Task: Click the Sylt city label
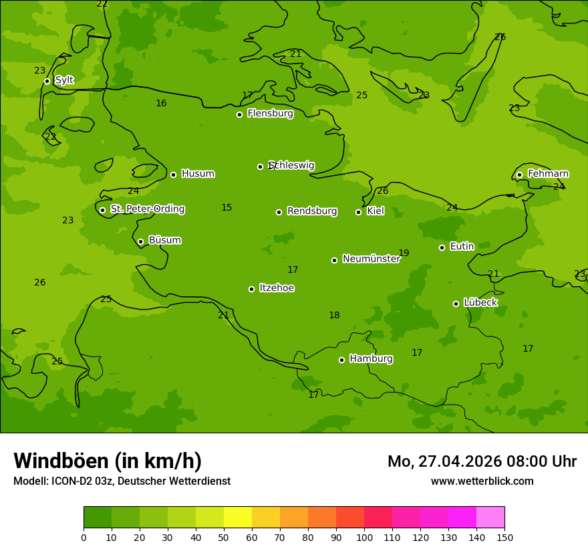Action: (64, 80)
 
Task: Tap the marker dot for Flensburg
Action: (239, 114)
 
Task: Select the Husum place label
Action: (198, 174)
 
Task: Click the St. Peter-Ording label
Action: (147, 209)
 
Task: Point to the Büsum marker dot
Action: (140, 241)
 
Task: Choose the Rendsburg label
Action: (311, 211)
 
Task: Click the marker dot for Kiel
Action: (358, 212)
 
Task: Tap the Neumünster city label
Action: (371, 259)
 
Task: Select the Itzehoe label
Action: (276, 288)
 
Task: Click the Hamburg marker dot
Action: (341, 360)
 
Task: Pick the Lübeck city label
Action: (480, 303)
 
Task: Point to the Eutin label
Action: (462, 247)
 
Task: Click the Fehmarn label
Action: (548, 174)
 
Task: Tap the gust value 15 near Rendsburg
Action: (227, 208)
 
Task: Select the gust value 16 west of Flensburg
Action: (161, 104)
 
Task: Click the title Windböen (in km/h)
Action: (108, 461)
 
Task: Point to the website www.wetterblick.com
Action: (482, 481)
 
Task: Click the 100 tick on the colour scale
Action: (364, 537)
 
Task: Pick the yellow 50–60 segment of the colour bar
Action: (238, 518)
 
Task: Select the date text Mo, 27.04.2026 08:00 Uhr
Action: (482, 461)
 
